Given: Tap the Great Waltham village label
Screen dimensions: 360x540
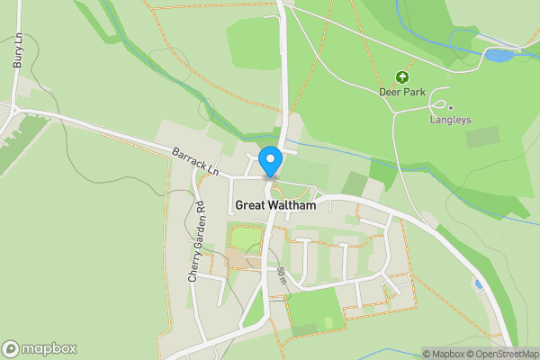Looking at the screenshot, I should pyautogui.click(x=276, y=205).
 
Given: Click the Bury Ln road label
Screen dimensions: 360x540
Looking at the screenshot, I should pyautogui.click(x=16, y=51).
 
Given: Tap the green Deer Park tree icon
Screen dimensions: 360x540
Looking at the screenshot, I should pyautogui.click(x=401, y=76).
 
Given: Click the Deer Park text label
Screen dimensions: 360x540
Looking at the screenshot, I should pyautogui.click(x=402, y=92).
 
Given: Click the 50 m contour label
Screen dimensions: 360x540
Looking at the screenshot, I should pyautogui.click(x=282, y=276).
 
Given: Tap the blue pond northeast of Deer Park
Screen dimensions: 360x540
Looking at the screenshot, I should pyautogui.click(x=498, y=56).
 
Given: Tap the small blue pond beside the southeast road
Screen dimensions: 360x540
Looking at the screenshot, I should pyautogui.click(x=478, y=285).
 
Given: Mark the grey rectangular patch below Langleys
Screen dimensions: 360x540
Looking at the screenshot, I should pyautogui.click(x=482, y=137).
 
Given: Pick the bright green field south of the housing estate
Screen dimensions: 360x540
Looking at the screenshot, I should pyautogui.click(x=312, y=310).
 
